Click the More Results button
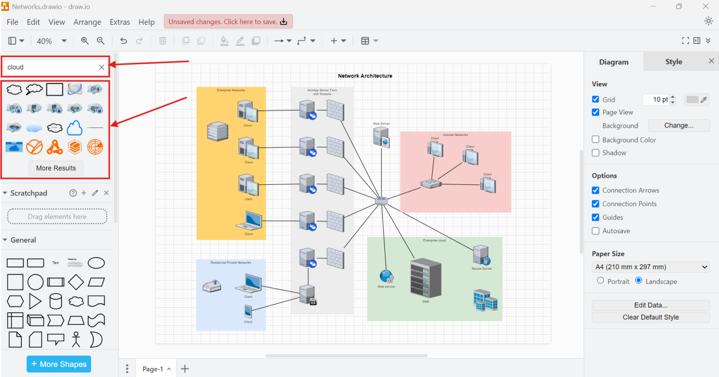56,168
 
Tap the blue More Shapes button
59,364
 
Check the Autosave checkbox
595,231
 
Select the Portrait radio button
600,280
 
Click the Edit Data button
651,305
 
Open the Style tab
674,61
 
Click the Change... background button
679,125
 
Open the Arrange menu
87,22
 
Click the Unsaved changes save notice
228,22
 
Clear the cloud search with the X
102,67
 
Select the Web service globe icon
387,276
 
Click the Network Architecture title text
365,76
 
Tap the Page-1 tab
153,369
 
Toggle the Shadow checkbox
595,152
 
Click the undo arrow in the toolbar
124,41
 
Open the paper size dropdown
651,267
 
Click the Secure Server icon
481,255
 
